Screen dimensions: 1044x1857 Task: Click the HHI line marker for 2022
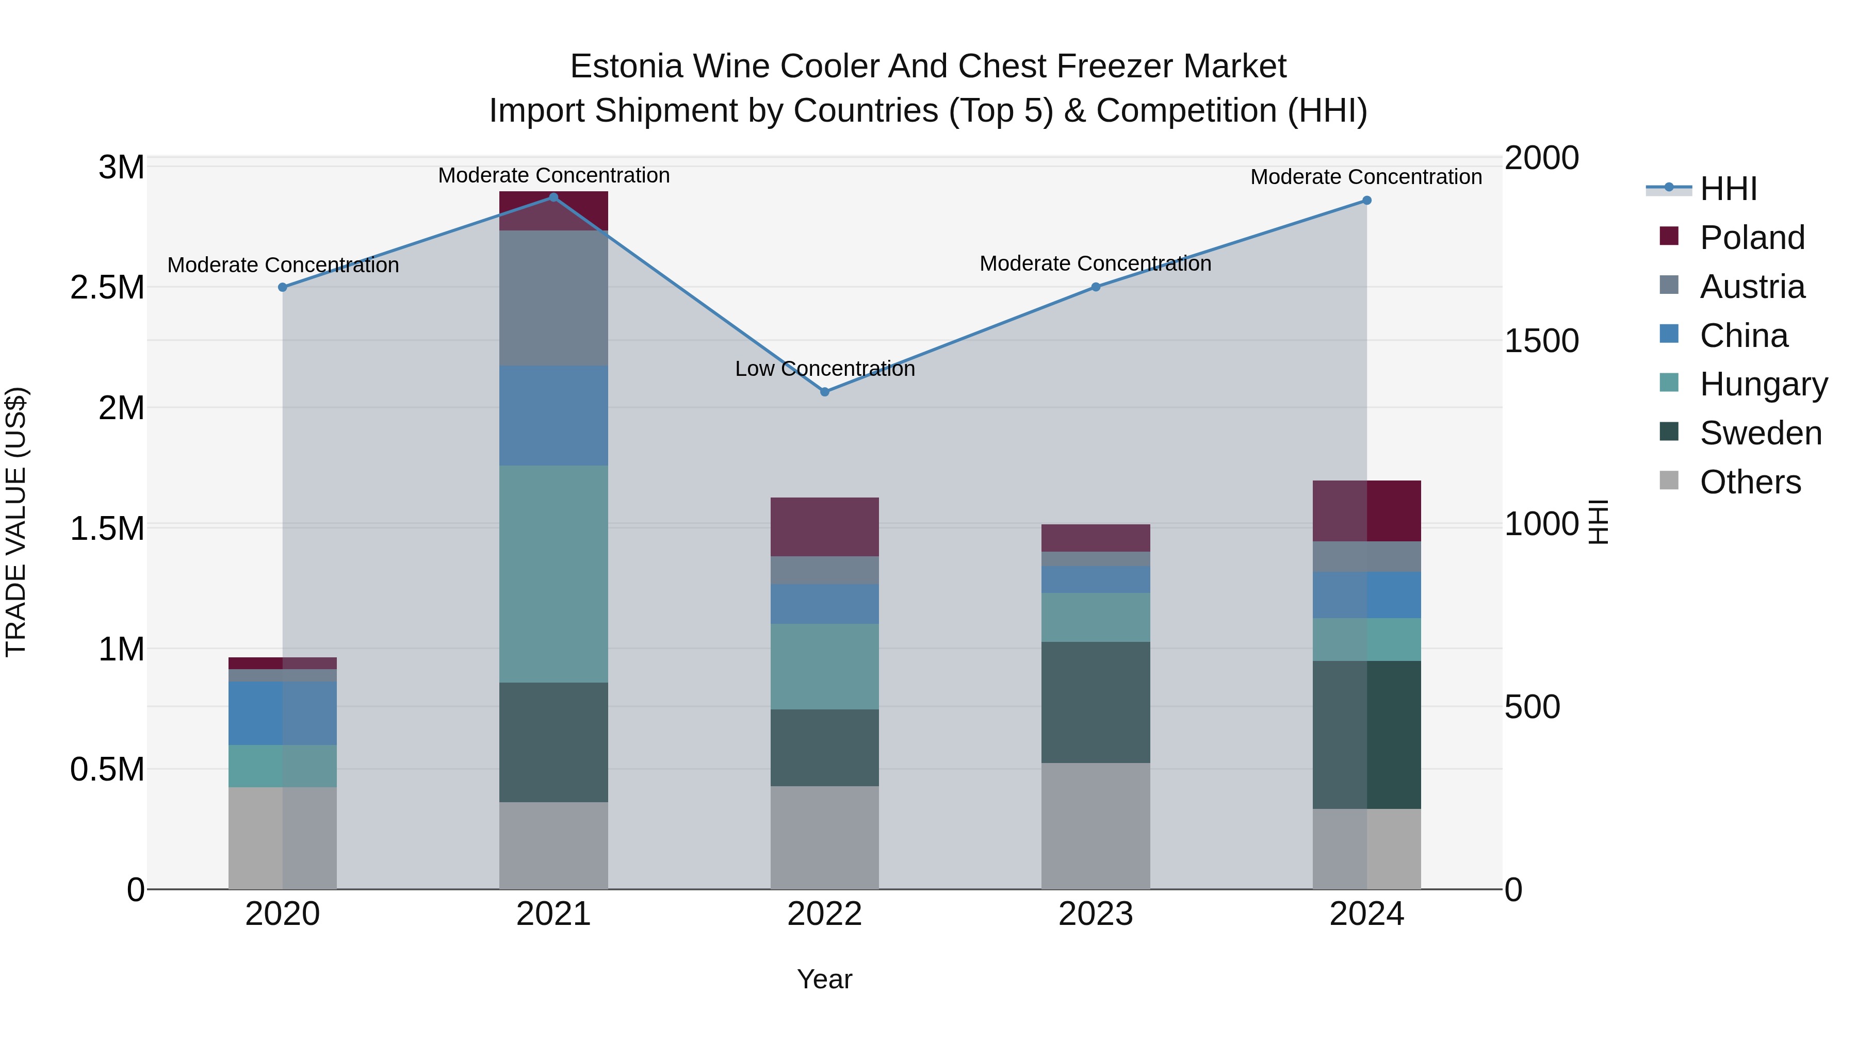(x=825, y=392)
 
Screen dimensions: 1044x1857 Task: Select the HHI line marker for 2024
(x=1366, y=201)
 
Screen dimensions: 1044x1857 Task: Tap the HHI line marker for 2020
(x=283, y=287)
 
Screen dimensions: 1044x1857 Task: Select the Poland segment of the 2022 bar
(x=825, y=527)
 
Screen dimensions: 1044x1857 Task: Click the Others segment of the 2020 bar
(x=283, y=838)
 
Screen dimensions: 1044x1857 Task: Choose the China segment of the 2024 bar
(x=1366, y=595)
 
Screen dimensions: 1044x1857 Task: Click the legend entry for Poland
(x=1752, y=238)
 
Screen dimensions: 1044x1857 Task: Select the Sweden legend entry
(x=1760, y=433)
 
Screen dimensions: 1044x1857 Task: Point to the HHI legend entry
(x=1728, y=189)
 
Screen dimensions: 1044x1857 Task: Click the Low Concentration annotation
(x=825, y=369)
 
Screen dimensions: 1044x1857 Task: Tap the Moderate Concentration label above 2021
(x=553, y=176)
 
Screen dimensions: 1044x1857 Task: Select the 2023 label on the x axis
(x=1096, y=914)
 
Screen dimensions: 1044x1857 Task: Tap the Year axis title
(x=825, y=979)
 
